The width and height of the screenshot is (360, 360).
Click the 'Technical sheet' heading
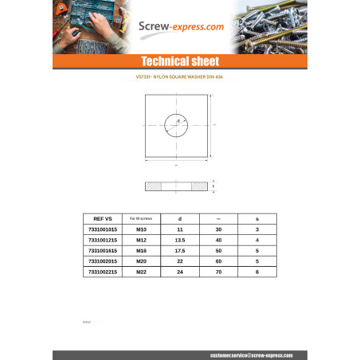pyautogui.click(x=179, y=61)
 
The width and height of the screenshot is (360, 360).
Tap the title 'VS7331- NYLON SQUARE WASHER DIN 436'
pyautogui.click(x=179, y=78)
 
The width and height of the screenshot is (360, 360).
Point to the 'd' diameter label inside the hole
pyautogui.click(x=179, y=120)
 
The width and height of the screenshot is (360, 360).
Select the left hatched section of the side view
pyautogui.click(x=153, y=186)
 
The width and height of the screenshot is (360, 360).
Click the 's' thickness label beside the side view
pyautogui.click(x=213, y=186)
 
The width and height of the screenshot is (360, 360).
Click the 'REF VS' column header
pyautogui.click(x=104, y=218)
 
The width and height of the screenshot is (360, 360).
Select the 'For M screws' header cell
pyautogui.click(x=141, y=218)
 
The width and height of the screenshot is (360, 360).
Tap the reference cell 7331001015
pyautogui.click(x=104, y=229)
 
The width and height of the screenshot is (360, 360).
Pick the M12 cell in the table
pyautogui.click(x=141, y=240)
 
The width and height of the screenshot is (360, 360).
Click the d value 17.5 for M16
pyautogui.click(x=180, y=250)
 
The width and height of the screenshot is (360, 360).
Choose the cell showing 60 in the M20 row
pyautogui.click(x=218, y=260)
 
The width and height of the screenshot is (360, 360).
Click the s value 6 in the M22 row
pyautogui.click(x=256, y=272)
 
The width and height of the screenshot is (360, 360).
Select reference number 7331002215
pyautogui.click(x=104, y=272)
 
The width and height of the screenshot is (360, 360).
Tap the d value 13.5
pyautogui.click(x=180, y=240)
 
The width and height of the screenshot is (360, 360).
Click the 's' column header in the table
pyautogui.click(x=256, y=218)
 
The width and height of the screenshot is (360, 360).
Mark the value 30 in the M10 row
pyautogui.click(x=218, y=229)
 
